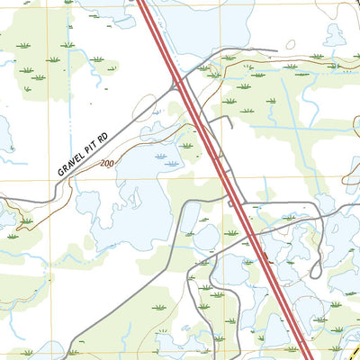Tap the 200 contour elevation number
point(107,164)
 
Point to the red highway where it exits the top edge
point(142,3)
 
